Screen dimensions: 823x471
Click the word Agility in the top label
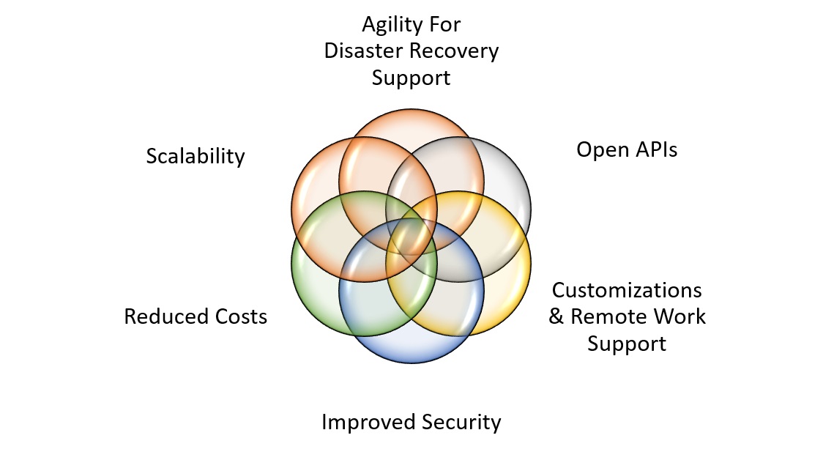pos(392,25)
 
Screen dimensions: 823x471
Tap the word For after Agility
pos(446,24)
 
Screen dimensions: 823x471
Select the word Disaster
pos(364,51)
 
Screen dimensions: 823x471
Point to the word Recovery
pos(455,51)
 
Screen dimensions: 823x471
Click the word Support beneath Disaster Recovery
pos(411,79)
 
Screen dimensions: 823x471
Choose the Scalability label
pos(195,157)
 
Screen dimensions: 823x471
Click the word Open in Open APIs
pos(603,150)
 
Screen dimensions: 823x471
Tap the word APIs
pos(657,149)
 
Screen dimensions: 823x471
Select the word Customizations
pos(627,290)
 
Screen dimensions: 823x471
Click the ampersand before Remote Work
pos(556,316)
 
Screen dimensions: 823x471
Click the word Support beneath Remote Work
pos(627,344)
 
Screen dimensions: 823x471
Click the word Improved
pos(368,423)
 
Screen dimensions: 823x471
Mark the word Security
pos(462,423)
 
